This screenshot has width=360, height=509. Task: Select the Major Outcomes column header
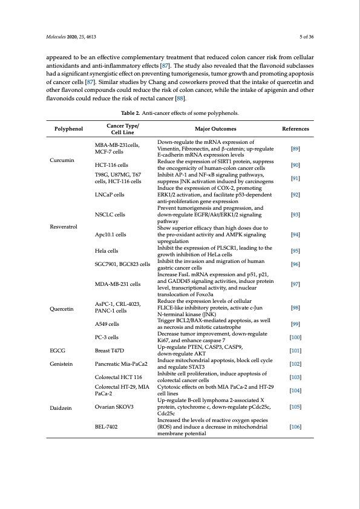click(215, 129)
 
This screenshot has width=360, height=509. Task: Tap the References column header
click(295, 129)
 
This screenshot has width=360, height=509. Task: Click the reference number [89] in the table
click(295, 148)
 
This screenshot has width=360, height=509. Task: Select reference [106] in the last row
click(295, 427)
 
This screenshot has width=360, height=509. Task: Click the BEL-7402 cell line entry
click(108, 427)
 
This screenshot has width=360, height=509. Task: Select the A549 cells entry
click(109, 324)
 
